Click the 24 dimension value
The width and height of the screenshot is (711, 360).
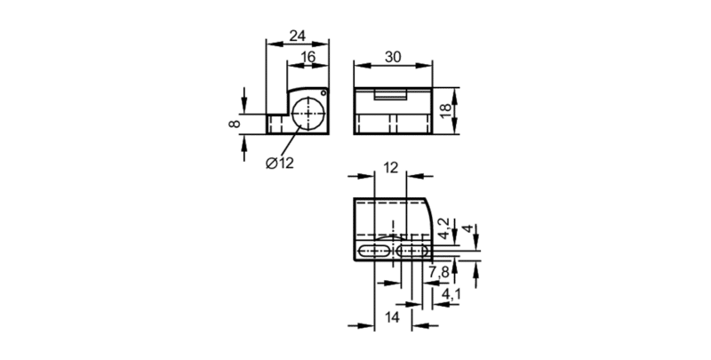pyautogui.click(x=298, y=36)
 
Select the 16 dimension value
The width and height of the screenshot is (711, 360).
pyautogui.click(x=308, y=57)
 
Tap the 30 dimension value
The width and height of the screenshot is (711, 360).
pyautogui.click(x=393, y=57)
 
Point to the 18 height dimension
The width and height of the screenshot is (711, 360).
pyautogui.click(x=446, y=111)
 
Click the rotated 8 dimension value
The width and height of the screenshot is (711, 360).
pyautogui.click(x=234, y=124)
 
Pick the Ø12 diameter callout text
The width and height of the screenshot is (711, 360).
pyautogui.click(x=280, y=163)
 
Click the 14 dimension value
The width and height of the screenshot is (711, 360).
pyautogui.click(x=392, y=317)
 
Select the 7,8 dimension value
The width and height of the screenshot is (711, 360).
pyautogui.click(x=438, y=272)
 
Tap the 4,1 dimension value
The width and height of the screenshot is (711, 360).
pyautogui.click(x=451, y=294)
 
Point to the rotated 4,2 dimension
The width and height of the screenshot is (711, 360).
pyautogui.click(x=443, y=228)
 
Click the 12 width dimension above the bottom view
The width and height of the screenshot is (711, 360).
pyautogui.click(x=390, y=168)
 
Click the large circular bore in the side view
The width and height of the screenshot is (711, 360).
pyautogui.click(x=308, y=114)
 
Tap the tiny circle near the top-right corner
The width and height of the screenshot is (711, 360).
pyautogui.click(x=324, y=93)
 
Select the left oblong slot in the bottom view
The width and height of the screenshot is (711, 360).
pyautogui.click(x=373, y=252)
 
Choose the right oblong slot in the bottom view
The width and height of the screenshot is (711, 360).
pyautogui.click(x=411, y=252)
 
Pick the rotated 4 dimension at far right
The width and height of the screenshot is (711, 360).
pyautogui.click(x=469, y=228)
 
